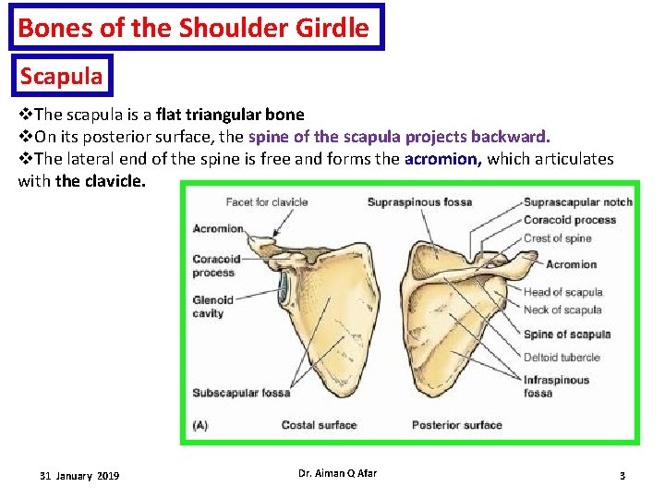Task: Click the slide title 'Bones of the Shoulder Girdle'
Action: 193,28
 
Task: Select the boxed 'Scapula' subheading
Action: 61,76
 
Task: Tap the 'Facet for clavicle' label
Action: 267,202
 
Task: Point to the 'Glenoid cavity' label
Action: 213,307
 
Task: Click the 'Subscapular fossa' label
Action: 241,393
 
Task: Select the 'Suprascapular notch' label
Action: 577,202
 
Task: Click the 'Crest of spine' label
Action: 557,238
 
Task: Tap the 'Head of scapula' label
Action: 562,292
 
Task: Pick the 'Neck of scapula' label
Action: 562,310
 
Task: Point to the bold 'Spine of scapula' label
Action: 567,335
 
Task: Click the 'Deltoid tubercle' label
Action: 562,358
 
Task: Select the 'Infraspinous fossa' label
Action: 555,386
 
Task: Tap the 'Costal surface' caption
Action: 319,425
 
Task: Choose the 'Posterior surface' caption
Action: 456,425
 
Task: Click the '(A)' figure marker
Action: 200,425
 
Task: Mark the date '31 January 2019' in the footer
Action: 79,476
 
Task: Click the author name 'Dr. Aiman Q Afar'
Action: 337,474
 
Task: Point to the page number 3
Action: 622,476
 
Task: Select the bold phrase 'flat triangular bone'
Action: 230,115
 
